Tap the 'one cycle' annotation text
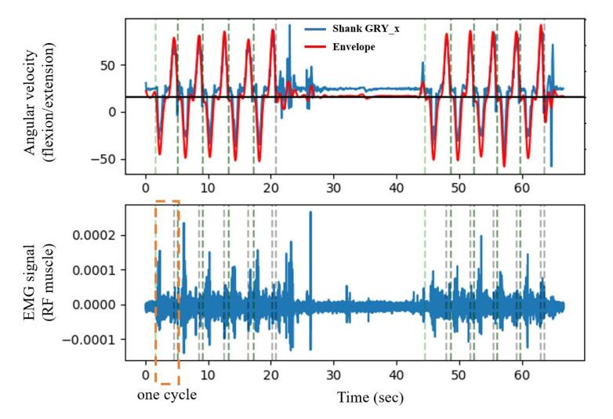click(167, 395)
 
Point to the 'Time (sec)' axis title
click(371, 397)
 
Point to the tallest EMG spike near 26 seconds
click(310, 213)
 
